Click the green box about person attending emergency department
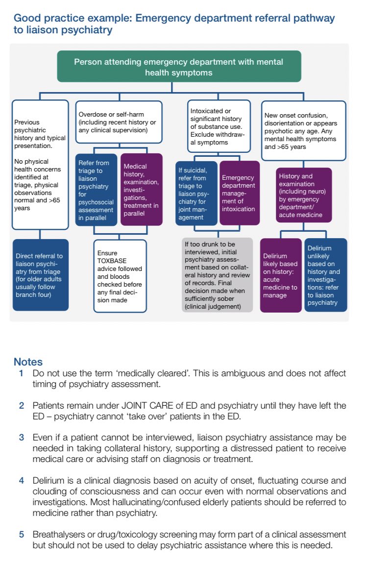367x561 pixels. pyautogui.click(x=178, y=68)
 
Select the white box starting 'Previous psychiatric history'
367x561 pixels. pyautogui.click(x=40, y=164)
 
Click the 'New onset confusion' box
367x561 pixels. pyautogui.click(x=303, y=130)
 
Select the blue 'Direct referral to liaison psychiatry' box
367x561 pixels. pyautogui.click(x=40, y=274)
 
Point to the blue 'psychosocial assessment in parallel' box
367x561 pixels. pyautogui.click(x=97, y=189)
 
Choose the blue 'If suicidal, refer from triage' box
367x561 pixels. pyautogui.click(x=196, y=193)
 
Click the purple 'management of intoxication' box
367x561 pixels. pyautogui.click(x=238, y=193)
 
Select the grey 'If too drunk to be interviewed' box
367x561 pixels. pyautogui.click(x=217, y=274)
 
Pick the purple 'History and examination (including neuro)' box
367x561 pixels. pyautogui.click(x=304, y=195)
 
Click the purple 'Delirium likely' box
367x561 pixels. pyautogui.click(x=280, y=275)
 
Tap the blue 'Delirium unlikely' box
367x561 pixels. pyautogui.click(x=325, y=275)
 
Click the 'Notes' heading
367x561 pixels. pyautogui.click(x=28, y=362)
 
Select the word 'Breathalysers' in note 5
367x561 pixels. pyautogui.click(x=57, y=534)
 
